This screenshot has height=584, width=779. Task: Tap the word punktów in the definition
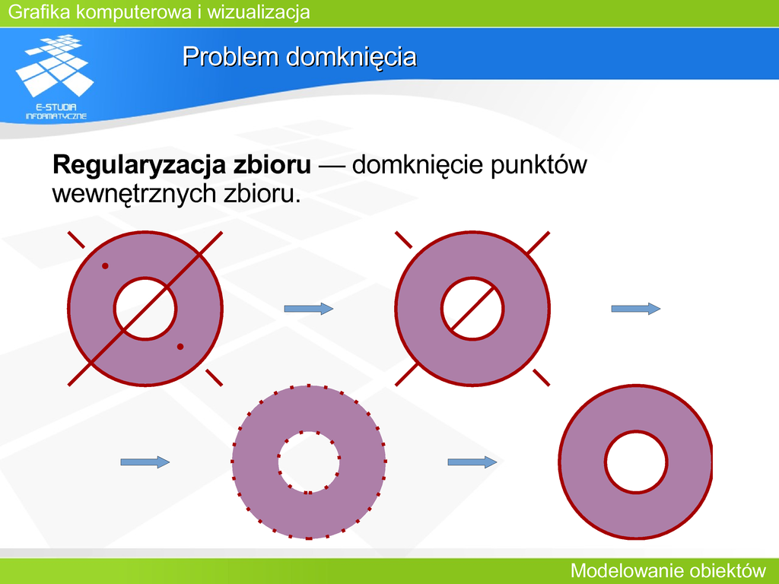tap(539, 165)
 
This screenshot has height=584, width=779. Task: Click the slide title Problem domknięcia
tap(300, 56)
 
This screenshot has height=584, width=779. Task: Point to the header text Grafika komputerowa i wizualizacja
tap(159, 12)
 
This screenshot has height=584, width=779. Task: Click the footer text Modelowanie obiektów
tap(668, 570)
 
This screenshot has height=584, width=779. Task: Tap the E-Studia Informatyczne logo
tap(55, 77)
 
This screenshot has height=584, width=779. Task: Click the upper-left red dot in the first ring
tap(105, 266)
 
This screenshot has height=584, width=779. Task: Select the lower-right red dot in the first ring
tap(180, 347)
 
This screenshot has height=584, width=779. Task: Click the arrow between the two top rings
tap(309, 309)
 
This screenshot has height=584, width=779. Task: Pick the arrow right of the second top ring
tap(636, 309)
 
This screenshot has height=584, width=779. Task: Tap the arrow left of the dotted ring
tap(145, 462)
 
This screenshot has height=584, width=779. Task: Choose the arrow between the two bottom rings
tap(472, 462)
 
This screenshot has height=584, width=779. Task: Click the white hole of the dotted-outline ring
tap(309, 462)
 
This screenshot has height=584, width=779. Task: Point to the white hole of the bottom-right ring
tap(637, 462)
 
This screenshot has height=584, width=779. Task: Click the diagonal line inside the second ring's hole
tap(472, 309)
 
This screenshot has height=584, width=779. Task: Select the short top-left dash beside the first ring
tap(76, 240)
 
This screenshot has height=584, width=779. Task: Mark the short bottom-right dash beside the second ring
tap(541, 377)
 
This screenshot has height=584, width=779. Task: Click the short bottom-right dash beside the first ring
tap(214, 377)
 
